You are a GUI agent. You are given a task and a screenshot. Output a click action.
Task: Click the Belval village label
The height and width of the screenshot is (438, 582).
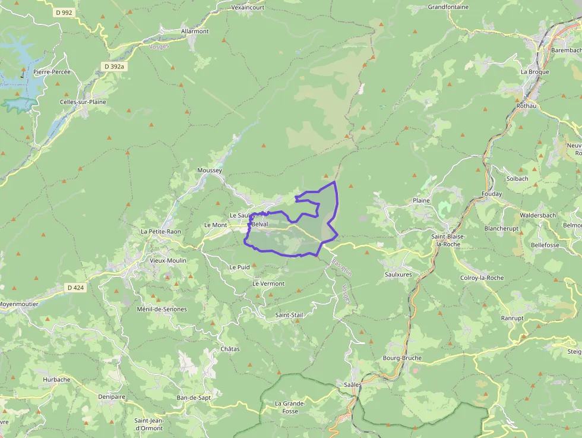point(260,224)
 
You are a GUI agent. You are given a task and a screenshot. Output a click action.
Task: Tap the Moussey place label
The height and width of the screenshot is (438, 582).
point(209,171)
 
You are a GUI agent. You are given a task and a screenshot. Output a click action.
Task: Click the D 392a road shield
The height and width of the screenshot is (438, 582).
point(114,67)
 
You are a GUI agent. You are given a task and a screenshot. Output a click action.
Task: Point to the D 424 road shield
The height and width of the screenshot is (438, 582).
point(75,288)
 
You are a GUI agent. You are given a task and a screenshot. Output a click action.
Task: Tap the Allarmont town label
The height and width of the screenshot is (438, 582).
point(195,31)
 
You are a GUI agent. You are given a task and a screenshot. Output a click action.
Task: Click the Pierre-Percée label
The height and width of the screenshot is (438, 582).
point(52,72)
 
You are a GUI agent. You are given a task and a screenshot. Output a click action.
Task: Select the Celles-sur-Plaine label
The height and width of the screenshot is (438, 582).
point(83,102)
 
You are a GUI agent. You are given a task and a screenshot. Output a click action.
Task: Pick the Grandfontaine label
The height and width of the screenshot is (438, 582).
point(448,7)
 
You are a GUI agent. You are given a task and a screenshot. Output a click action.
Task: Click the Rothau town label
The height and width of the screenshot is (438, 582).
point(527,106)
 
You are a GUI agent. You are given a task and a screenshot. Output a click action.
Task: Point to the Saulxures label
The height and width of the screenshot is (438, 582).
point(398,275)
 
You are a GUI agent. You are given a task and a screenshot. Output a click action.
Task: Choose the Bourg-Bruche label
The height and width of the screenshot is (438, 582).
point(403,358)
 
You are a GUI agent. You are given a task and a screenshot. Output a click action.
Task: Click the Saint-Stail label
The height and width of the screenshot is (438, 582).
point(289,314)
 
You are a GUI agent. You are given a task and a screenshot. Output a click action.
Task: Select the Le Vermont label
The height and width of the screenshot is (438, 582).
point(268,283)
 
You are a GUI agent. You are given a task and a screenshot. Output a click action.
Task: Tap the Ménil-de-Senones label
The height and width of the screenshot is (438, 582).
point(162,309)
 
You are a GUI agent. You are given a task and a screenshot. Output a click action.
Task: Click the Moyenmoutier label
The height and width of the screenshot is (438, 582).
point(19,304)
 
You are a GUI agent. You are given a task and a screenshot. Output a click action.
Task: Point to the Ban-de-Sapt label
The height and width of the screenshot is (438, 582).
point(194,397)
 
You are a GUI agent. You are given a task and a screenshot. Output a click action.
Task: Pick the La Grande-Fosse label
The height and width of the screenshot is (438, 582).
point(290,407)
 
